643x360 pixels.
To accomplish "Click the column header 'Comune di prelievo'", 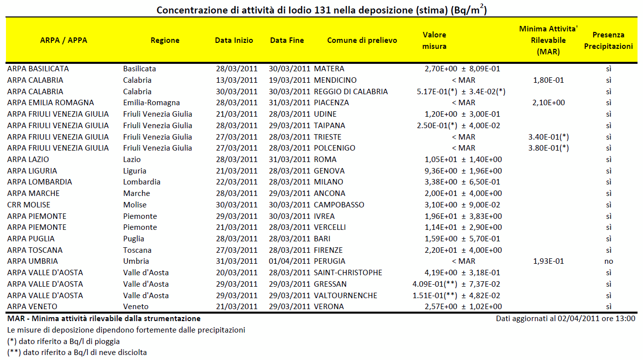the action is tap(362, 40).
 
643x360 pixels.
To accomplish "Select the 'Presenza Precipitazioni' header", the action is tap(608, 40).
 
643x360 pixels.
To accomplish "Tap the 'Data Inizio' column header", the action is tap(234, 40).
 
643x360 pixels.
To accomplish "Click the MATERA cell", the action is tap(329, 69).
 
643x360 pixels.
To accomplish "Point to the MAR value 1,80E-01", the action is tap(548, 80).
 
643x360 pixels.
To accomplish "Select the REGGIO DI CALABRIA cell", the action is tap(351, 92).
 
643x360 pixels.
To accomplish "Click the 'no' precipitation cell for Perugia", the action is tap(609, 261).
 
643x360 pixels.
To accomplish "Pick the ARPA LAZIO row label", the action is tap(28, 160).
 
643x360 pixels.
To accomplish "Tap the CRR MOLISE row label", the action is tap(29, 205).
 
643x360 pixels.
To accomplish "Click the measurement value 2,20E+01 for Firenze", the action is tap(441, 250).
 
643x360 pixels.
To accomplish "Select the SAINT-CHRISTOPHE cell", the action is tap(348, 272).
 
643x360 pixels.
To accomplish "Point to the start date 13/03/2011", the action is tap(237, 80).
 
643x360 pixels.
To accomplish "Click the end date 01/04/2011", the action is tap(289, 261).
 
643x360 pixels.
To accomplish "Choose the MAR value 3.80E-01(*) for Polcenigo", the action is tap(549, 148).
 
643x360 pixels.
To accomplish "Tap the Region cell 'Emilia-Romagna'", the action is tap(152, 103).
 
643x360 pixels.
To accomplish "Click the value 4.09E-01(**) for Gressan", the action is tap(435, 284).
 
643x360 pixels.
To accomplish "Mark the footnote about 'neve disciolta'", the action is tap(77, 353).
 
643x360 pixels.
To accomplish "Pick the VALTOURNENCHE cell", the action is tap(345, 295).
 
